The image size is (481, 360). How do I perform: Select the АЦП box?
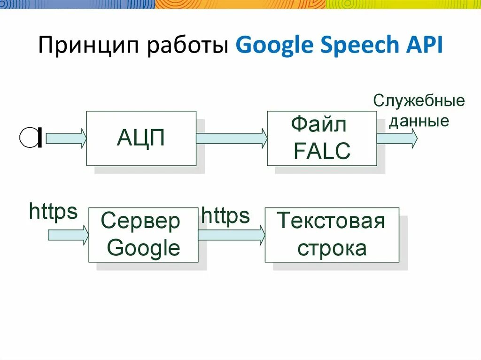[141, 138]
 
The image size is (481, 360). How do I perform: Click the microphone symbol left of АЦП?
[31, 138]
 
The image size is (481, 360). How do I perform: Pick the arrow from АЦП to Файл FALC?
[231, 138]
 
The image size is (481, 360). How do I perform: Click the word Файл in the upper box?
[319, 125]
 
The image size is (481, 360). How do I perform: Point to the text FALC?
[322, 151]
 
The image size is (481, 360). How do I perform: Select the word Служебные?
[419, 101]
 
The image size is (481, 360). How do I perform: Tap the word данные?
[419, 121]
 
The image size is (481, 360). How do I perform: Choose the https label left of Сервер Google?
[53, 212]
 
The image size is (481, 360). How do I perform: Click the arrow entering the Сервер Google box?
[69, 234]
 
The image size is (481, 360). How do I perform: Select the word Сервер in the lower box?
[140, 221]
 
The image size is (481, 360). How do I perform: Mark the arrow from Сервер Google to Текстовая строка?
[231, 234]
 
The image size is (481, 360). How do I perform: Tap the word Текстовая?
[331, 221]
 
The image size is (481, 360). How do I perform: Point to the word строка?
[332, 248]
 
